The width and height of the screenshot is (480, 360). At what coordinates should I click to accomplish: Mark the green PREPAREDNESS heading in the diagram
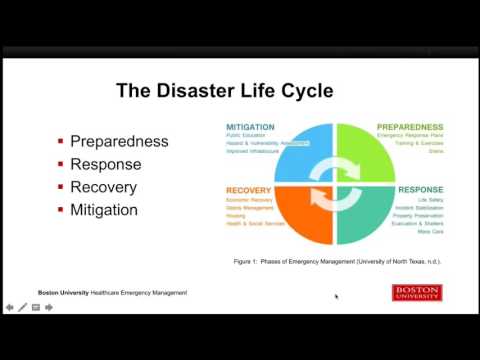pyautogui.click(x=410, y=128)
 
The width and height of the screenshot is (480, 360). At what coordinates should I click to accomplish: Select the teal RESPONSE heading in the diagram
pyautogui.click(x=420, y=189)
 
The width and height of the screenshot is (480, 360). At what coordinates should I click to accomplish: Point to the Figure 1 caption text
pyautogui.click(x=337, y=260)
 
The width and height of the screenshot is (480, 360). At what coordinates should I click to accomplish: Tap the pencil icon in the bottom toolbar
pyautogui.click(x=22, y=307)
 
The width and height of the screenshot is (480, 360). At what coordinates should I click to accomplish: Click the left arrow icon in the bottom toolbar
pyautogui.click(x=9, y=307)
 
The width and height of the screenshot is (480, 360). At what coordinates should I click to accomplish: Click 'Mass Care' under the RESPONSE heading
pyautogui.click(x=431, y=232)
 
